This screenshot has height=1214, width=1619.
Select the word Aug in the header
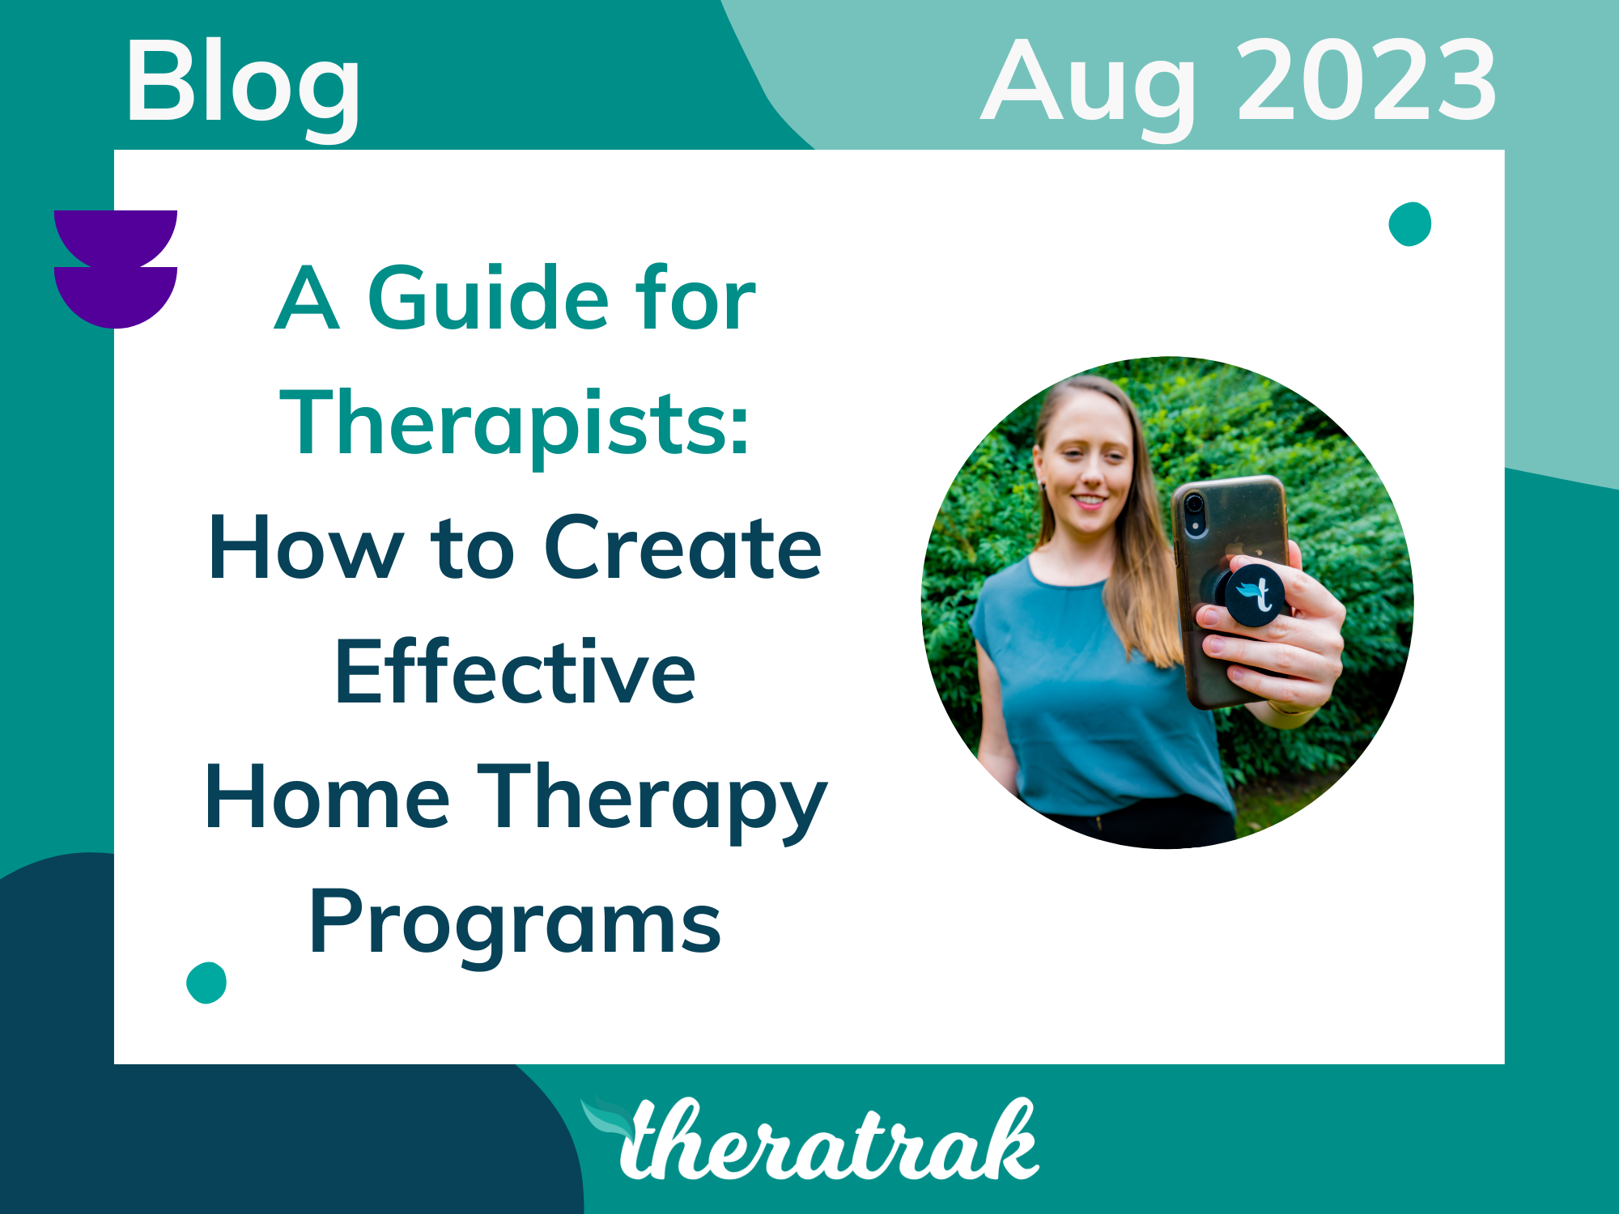click(1089, 85)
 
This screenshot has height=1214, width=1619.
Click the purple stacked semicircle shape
click(116, 269)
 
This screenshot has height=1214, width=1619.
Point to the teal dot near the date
click(1409, 223)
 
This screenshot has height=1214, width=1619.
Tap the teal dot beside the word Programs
click(206, 983)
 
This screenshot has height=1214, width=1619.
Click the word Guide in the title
click(487, 299)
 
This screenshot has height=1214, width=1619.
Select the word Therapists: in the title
click(515, 425)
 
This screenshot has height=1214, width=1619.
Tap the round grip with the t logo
click(1254, 595)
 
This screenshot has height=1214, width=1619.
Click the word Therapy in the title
click(652, 800)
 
